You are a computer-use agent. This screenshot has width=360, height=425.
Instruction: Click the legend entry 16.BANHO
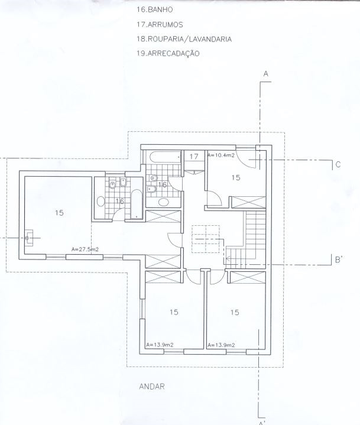[154, 10]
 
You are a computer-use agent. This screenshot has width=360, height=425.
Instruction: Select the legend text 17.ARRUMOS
[160, 25]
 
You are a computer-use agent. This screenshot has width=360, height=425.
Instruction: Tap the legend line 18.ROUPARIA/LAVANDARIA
[184, 39]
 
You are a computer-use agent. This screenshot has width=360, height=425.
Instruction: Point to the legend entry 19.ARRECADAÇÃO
[168, 53]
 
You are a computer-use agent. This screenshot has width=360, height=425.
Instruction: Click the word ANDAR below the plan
[152, 386]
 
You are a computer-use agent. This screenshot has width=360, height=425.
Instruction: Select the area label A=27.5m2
[85, 249]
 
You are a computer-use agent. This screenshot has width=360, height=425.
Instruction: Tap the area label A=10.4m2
[221, 155]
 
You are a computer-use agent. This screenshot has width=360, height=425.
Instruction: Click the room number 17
[194, 157]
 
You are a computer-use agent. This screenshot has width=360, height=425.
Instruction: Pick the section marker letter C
[338, 164]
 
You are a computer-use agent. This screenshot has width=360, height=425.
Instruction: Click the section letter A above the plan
[266, 74]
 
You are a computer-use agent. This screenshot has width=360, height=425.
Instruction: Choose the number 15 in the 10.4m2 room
[236, 177]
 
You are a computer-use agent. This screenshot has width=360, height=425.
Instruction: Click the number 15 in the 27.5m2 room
[59, 213]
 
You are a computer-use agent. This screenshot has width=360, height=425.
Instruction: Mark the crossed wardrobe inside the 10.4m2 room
[248, 202]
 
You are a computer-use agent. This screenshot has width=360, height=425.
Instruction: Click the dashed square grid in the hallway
[206, 239]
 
